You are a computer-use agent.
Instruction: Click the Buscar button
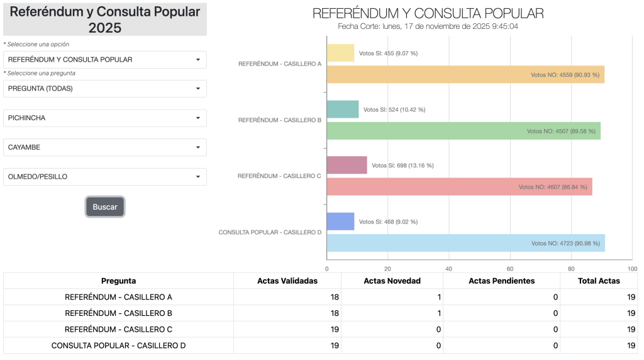click(x=105, y=207)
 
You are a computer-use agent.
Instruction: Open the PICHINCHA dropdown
click(x=104, y=118)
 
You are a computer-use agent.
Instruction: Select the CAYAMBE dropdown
click(x=104, y=147)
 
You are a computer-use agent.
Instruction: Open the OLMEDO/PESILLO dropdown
click(x=104, y=177)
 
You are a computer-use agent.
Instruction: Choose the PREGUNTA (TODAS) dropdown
click(x=104, y=89)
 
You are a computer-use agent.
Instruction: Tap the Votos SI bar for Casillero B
click(x=343, y=110)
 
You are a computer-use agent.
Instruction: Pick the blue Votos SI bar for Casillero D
click(x=340, y=222)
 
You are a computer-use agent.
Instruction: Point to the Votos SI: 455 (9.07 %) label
click(x=388, y=53)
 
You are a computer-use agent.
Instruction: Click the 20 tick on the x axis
click(x=388, y=268)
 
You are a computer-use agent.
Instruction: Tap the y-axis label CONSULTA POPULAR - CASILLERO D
click(x=270, y=232)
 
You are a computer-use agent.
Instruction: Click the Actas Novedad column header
click(x=392, y=281)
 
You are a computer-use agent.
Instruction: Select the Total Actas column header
click(x=599, y=281)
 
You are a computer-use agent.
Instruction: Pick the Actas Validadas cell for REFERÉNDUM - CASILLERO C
click(x=287, y=329)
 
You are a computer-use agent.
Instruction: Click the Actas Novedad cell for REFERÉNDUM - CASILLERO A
click(x=392, y=297)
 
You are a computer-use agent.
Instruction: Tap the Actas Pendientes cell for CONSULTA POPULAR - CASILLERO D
click(x=501, y=346)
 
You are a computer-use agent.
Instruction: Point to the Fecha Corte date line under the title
click(x=428, y=26)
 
